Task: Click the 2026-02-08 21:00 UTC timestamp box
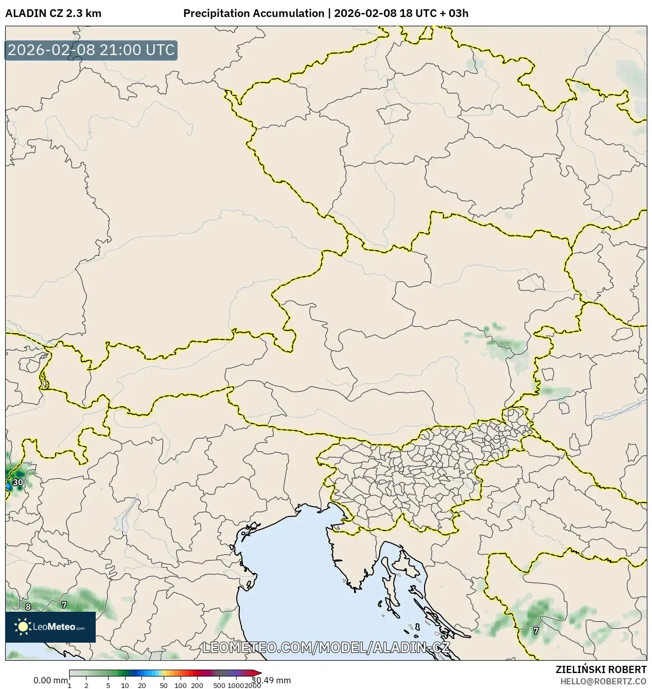[x=91, y=50]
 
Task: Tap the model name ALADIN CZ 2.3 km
[x=53, y=13]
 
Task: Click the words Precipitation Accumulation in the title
[x=254, y=13]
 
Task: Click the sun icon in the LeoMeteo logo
[x=23, y=627]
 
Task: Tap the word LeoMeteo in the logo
[x=54, y=627]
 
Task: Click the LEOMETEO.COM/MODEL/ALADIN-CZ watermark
[x=326, y=647]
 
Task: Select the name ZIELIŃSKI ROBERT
[x=601, y=669]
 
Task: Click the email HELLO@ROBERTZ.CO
[x=603, y=681]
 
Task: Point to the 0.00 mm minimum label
[x=50, y=680]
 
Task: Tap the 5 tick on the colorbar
[x=108, y=685]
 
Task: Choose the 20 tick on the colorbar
[x=142, y=685]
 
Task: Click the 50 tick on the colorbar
[x=164, y=685]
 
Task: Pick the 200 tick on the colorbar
[x=197, y=685]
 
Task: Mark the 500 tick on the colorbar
[x=219, y=685]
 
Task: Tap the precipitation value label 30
[x=18, y=482]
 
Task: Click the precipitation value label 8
[x=28, y=607]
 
